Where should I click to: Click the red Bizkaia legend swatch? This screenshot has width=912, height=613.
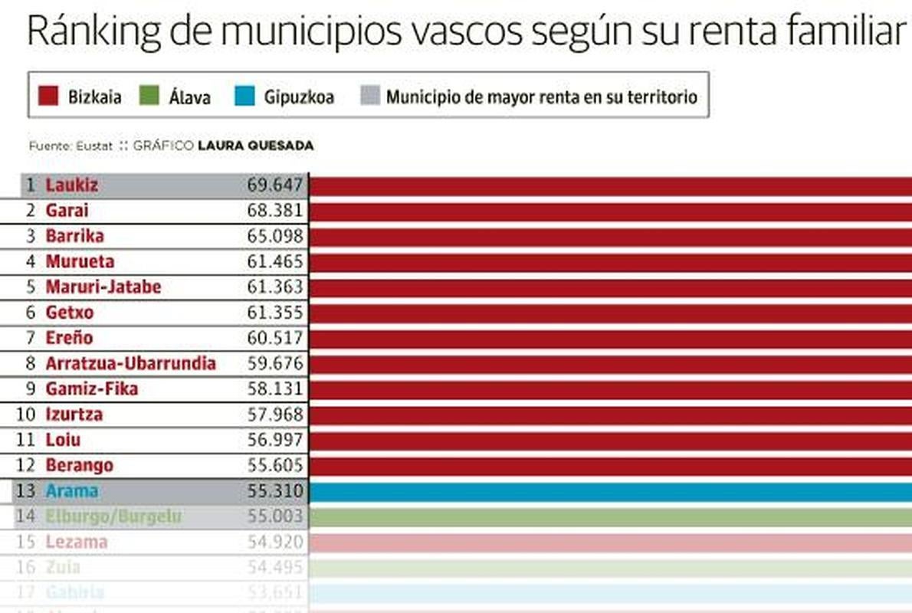(x=49, y=96)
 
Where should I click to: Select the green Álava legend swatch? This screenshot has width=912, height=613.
(x=149, y=96)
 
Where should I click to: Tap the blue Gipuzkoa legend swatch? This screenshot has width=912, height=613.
(x=245, y=96)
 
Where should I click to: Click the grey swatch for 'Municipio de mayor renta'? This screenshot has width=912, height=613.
(x=369, y=96)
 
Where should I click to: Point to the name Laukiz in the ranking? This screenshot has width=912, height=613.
(x=71, y=185)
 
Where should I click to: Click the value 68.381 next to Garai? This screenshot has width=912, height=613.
(x=275, y=211)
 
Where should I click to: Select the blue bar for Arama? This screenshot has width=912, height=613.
(x=609, y=491)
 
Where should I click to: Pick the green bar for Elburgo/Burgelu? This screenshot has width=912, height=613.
(x=609, y=517)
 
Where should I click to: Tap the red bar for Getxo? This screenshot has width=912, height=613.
(x=609, y=313)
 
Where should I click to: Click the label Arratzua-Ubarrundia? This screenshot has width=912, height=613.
(x=130, y=363)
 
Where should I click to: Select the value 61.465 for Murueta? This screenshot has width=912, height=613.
(x=275, y=262)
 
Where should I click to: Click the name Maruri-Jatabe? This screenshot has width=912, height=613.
(x=103, y=287)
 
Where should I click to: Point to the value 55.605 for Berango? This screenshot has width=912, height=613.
(x=275, y=466)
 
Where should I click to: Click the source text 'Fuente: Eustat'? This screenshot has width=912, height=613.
(x=71, y=146)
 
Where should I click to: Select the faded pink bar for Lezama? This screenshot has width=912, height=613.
(x=609, y=543)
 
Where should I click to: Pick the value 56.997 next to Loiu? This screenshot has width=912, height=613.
(x=275, y=440)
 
